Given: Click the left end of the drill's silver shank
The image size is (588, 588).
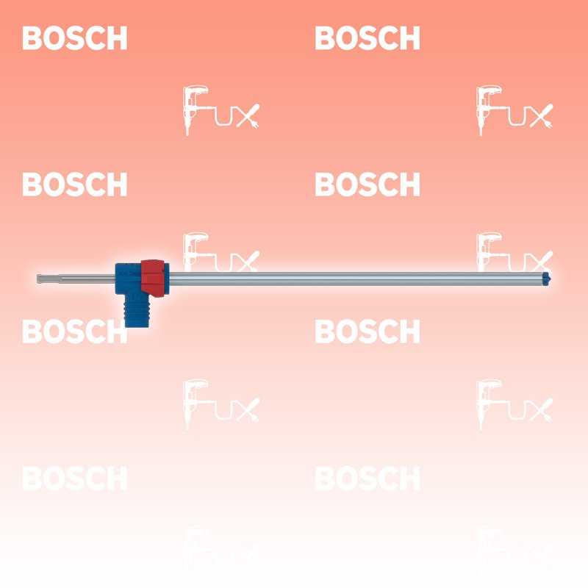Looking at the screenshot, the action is point(37,279).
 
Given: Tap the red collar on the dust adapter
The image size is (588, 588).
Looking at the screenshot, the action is point(153,279).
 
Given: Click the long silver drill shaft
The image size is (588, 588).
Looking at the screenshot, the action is point(356,279).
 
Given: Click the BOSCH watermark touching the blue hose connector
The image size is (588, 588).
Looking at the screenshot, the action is point(75,331).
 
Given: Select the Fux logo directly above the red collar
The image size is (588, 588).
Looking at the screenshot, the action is point(221,252).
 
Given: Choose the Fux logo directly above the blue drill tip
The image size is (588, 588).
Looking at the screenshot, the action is point(514,252).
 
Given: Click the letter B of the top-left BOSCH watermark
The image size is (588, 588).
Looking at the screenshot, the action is point(32,38).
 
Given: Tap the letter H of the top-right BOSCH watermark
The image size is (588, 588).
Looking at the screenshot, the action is point(409,38).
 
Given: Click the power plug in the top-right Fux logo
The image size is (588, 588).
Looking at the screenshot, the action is point(548,123).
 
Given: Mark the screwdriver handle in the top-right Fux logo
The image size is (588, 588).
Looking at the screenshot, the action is point(545,110).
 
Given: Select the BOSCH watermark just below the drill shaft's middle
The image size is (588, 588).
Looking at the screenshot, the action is point(367,331).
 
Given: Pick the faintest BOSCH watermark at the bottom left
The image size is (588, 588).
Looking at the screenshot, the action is point(75,478).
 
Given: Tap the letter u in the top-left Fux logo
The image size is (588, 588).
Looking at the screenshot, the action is point(223,117).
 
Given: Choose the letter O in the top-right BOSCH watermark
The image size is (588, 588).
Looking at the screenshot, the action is point(346,38).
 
